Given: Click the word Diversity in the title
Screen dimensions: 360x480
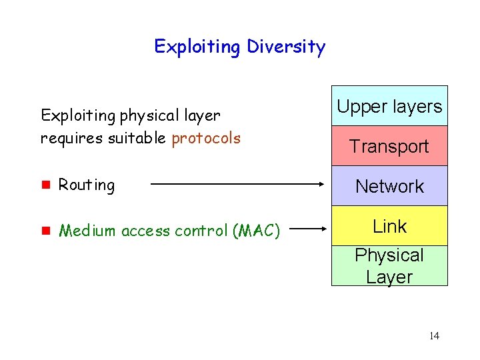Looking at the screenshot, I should (286, 47).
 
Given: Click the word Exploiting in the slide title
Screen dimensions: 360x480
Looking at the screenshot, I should (197, 47).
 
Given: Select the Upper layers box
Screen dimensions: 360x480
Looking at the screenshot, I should (389, 106).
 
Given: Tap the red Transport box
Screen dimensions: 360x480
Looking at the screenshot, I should (389, 146).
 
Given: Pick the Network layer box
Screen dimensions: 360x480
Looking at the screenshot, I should (389, 186).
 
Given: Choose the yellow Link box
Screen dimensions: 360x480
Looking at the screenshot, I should (389, 226).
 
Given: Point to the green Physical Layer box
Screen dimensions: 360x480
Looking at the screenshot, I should (389, 266).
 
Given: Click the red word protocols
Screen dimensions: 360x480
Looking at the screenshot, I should (206, 138).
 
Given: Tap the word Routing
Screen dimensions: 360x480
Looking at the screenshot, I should (87, 185).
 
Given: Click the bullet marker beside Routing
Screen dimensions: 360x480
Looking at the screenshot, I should (45, 185).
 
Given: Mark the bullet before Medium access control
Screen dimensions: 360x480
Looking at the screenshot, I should (45, 231).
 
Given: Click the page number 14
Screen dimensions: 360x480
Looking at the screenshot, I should (434, 335).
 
